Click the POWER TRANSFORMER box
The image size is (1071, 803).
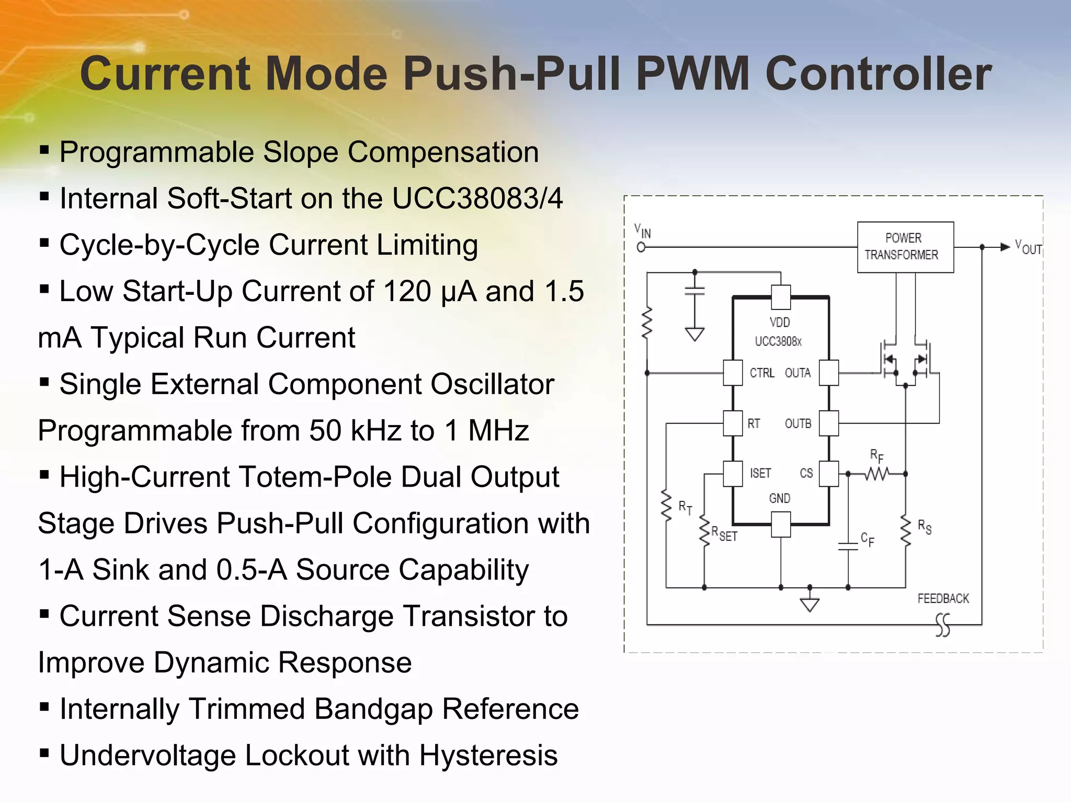905,247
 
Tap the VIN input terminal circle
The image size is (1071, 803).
641,247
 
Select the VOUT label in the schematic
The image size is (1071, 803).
1028,247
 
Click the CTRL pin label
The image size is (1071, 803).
761,373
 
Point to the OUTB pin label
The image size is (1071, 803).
797,423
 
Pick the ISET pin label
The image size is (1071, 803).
760,473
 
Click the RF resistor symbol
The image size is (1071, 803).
877,474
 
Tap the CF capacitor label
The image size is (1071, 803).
867,540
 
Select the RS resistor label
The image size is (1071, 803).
924,527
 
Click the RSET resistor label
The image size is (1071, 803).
724,534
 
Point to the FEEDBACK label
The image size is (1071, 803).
943,599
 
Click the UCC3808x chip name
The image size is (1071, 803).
778,341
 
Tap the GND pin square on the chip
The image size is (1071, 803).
781,524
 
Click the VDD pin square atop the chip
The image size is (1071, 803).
781,297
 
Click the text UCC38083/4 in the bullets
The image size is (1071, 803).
477,199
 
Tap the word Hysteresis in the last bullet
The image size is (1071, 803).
488,755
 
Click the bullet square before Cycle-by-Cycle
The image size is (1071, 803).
44,243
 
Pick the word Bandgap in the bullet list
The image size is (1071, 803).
373,709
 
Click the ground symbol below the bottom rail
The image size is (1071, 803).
810,604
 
